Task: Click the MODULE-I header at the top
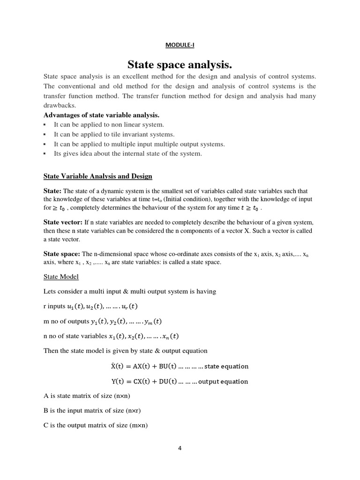click(x=180, y=45)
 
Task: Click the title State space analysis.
click(x=180, y=64)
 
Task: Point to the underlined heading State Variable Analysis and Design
click(x=97, y=176)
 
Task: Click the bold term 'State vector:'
click(x=63, y=222)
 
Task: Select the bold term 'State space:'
click(x=62, y=254)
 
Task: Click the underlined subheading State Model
click(x=61, y=277)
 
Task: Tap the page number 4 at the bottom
click(x=180, y=448)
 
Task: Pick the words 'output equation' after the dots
click(x=224, y=382)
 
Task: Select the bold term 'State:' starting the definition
click(x=52, y=191)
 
